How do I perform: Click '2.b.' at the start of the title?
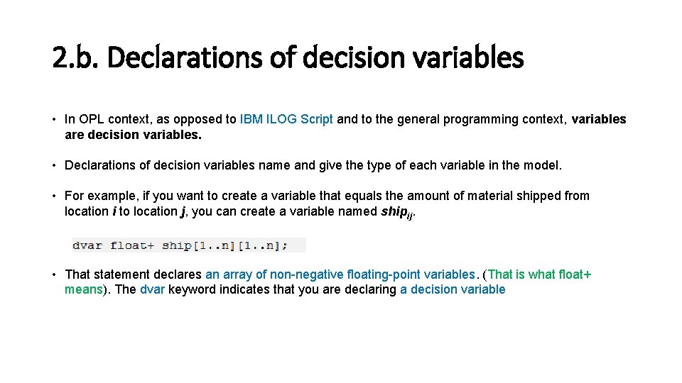coord(76,57)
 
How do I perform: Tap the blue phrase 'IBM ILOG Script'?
coord(286,119)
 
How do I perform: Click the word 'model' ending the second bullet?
coord(543,165)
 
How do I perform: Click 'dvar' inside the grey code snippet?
coord(87,245)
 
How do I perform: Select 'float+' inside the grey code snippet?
coord(133,245)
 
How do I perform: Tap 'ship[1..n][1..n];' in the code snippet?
coord(224,245)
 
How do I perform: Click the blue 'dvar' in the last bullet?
coord(152,289)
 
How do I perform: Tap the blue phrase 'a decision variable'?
coord(453,289)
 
